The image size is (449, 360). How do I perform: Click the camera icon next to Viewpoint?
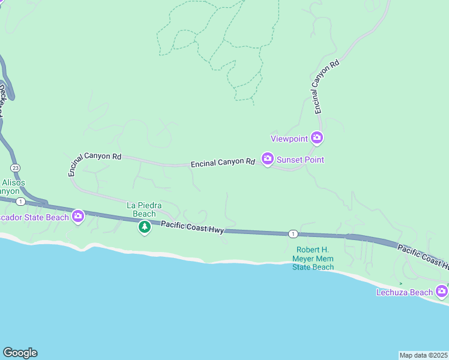click(x=317, y=139)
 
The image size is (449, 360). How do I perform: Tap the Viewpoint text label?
click(x=289, y=139)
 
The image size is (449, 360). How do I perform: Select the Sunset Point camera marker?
click(x=268, y=159)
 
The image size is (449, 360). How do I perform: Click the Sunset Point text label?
click(x=300, y=160)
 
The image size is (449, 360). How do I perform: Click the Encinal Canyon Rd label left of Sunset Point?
click(x=223, y=163)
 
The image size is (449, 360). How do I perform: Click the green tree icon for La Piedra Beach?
click(x=144, y=227)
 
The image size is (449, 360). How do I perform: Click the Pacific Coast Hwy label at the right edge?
click(x=423, y=254)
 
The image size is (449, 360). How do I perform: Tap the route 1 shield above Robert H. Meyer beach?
click(x=292, y=233)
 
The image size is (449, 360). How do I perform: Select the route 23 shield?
click(x=14, y=167)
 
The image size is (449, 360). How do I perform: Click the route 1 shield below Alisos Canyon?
click(x=20, y=201)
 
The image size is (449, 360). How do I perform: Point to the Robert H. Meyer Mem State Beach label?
click(x=313, y=259)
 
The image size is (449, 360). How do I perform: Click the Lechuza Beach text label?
click(x=404, y=292)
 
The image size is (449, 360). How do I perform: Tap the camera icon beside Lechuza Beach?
click(x=442, y=292)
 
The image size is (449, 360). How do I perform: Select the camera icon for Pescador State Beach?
click(x=78, y=217)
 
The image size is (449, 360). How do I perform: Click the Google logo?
click(x=20, y=353)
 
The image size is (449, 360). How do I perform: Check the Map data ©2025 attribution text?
click(x=424, y=355)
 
